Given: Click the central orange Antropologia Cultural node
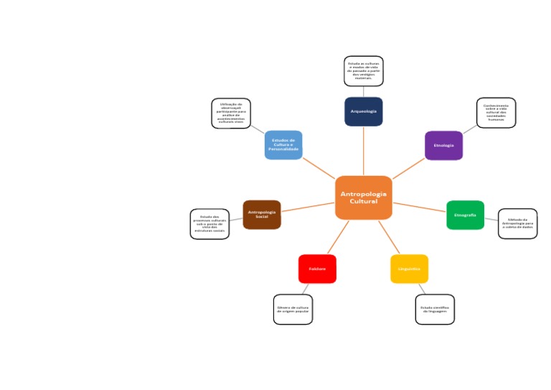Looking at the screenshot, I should pos(363,198).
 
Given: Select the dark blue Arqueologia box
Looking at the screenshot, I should pos(363,111).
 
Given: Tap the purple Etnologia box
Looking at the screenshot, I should pos(443,145).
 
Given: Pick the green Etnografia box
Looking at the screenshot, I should pos(465,215).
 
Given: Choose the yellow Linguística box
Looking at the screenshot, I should pos(409,269).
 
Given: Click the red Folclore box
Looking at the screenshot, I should pos(317,269).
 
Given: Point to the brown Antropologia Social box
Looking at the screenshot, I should pos(262,214).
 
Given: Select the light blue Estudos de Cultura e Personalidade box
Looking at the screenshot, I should pos(283,145).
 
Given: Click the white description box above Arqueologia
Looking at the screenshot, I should pos(363,71).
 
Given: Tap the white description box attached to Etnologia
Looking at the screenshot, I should pos(496,113).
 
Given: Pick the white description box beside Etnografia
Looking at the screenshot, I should pos(517,223).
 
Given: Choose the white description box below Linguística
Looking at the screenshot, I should pos(435,310).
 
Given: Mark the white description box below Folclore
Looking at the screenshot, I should pos(293,310).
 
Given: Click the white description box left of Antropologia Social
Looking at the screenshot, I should pos(209,224).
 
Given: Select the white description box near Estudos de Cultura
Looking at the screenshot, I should pos(231,113).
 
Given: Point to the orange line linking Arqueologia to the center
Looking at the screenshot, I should pos(363,151).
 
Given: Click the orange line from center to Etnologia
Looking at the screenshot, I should pos(409,169).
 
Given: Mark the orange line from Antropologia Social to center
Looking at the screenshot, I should pos(308,206).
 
